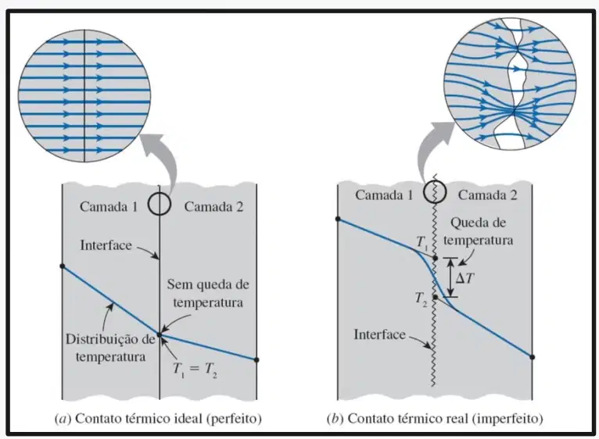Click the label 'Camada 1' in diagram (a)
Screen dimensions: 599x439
(109, 206)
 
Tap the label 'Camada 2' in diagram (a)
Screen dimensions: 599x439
(213, 206)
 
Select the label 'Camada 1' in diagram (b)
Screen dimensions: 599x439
(384, 195)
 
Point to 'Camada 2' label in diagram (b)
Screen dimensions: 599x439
(487, 195)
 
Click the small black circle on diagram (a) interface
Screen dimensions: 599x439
(160, 204)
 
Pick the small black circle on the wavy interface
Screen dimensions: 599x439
(435, 192)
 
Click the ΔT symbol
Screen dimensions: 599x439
(464, 278)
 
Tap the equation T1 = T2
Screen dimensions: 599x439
(195, 369)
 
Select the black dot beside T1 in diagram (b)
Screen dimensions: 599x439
(435, 259)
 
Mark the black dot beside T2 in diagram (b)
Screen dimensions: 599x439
(435, 297)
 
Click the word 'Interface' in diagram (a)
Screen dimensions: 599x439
(106, 245)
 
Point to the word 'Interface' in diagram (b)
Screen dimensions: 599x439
(380, 334)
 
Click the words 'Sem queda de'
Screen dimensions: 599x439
(208, 284)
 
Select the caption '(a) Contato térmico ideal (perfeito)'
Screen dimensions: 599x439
(159, 419)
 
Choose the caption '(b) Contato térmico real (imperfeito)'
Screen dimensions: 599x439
(435, 419)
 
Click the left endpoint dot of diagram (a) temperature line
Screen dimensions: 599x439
(63, 266)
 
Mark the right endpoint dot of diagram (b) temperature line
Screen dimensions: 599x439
(533, 357)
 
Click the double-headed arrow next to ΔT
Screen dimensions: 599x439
(450, 277)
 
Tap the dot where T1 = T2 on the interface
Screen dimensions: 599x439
(160, 335)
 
